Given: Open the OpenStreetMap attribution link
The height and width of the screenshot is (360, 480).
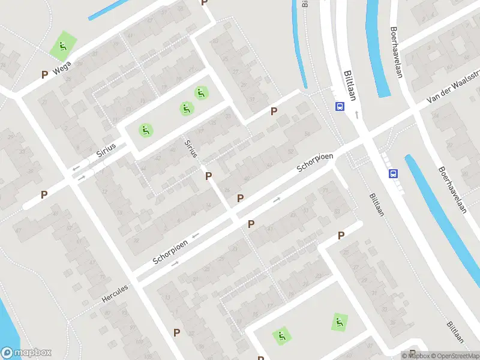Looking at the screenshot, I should pyautogui.click(x=454, y=356).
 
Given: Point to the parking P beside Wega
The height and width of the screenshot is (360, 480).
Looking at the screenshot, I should pyautogui.click(x=44, y=74).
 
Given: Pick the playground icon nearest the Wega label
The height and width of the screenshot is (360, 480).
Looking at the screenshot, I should pyautogui.click(x=62, y=46).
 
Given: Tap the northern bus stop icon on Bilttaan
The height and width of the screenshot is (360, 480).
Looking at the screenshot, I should pyautogui.click(x=340, y=107).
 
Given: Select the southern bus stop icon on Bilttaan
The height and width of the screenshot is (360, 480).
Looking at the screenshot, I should pyautogui.click(x=393, y=174).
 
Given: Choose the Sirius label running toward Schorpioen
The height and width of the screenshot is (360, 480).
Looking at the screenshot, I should pyautogui.click(x=191, y=148).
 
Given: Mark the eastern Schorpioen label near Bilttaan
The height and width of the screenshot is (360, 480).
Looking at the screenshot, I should pyautogui.click(x=315, y=163).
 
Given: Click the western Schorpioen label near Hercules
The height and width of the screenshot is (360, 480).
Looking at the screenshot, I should pyautogui.click(x=170, y=251).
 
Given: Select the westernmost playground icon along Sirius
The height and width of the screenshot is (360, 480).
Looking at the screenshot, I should pyautogui.click(x=145, y=130).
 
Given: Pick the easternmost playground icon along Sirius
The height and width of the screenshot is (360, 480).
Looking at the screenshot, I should pyautogui.click(x=200, y=93).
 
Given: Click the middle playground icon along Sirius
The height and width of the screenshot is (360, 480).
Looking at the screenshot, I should pyautogui.click(x=186, y=109).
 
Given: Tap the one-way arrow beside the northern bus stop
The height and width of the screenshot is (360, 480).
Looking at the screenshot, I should pyautogui.click(x=357, y=114).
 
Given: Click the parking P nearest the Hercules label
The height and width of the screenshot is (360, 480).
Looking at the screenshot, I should pyautogui.click(x=176, y=332).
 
